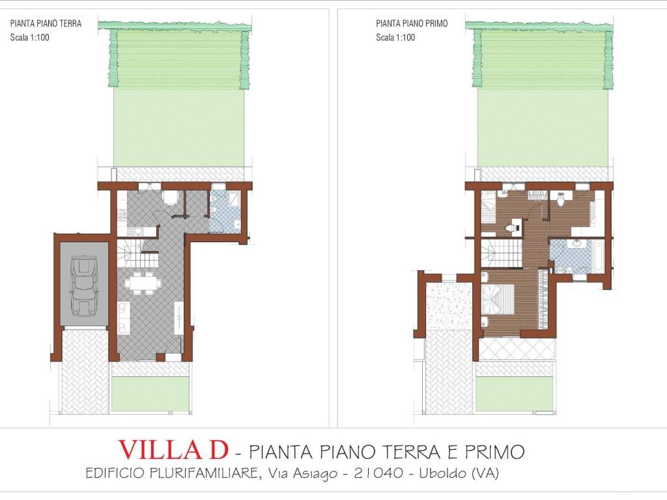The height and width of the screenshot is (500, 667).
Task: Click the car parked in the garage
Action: (x=84, y=286)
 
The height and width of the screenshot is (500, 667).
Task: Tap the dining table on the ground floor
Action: (x=143, y=283)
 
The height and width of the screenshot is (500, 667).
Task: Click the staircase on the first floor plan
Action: (x=502, y=253)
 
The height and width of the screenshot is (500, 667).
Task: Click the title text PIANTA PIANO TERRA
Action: (x=46, y=23)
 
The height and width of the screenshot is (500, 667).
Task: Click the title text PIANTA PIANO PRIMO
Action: (x=412, y=23)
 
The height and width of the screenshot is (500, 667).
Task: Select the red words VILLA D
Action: (x=173, y=450)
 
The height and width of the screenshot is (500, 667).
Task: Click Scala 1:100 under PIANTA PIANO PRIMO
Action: (x=395, y=37)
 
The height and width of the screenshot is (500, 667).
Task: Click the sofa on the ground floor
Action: (x=123, y=317)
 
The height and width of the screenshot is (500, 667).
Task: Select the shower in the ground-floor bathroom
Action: (x=234, y=198)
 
